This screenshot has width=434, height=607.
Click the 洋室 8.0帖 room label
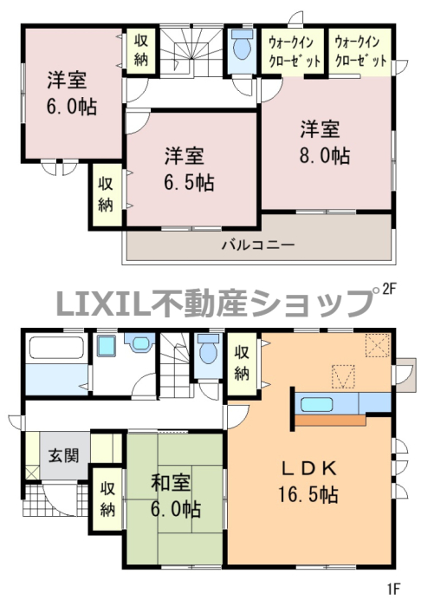pyautogui.click(x=325, y=142)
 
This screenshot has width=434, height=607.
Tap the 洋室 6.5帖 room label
pyautogui.click(x=189, y=169)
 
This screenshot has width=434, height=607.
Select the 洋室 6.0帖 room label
pyautogui.click(x=72, y=94)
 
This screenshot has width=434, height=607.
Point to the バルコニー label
pyautogui.click(x=258, y=245)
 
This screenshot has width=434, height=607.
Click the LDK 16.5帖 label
pyautogui.click(x=308, y=481)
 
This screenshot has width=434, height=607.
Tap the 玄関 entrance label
pyautogui.click(x=64, y=455)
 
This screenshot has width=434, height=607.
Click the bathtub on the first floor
pyautogui.click(x=56, y=348)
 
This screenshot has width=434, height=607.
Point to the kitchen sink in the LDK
pyautogui.click(x=316, y=405)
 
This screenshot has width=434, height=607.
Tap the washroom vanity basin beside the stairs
pyautogui.click(x=139, y=343)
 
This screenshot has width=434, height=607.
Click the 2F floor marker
pyautogui.click(x=390, y=289)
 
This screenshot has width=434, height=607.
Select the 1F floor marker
pyautogui.click(x=393, y=589)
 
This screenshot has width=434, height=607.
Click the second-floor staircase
pyautogui.click(x=191, y=50)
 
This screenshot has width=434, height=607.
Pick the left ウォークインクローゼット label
pyautogui.click(x=295, y=51)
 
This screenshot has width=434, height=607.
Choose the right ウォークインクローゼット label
pyautogui.click(x=361, y=51)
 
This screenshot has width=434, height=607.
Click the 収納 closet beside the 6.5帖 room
pyautogui.click(x=106, y=194)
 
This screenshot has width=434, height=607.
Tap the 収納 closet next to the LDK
pyautogui.click(x=243, y=363)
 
